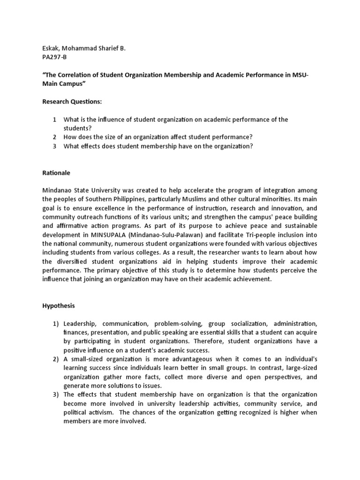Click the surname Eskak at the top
[52, 48]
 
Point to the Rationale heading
[56, 173]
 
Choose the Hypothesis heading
[59, 306]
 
